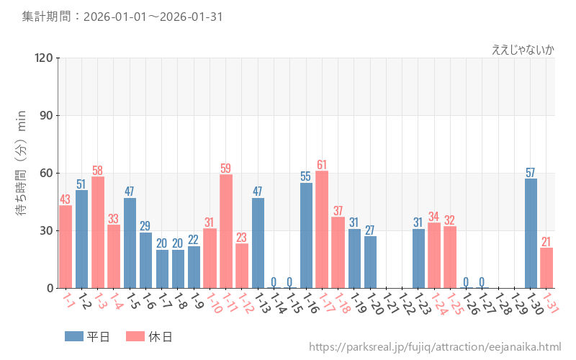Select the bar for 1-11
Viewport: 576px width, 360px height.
point(225,231)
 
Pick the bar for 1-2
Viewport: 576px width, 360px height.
point(81,239)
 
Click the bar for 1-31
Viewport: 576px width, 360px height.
point(546,268)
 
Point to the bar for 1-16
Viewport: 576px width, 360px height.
point(306,235)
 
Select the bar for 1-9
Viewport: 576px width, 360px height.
point(194,267)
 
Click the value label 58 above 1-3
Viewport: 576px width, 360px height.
point(97,169)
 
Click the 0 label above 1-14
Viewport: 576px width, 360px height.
point(274,281)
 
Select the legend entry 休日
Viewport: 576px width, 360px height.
point(149,336)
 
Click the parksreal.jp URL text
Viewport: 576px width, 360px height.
point(435,347)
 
